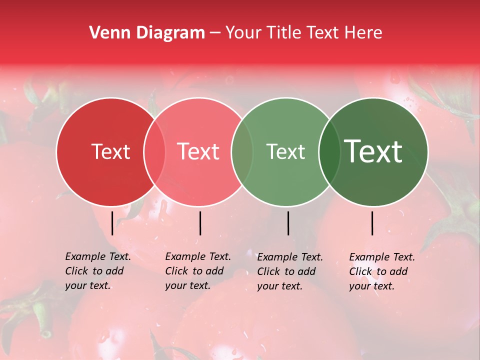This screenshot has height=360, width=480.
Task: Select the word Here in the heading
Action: (364, 33)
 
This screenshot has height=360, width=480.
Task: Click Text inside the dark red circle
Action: (110, 152)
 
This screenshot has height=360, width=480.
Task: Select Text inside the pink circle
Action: (198, 152)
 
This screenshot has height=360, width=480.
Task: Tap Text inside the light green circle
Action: (285, 152)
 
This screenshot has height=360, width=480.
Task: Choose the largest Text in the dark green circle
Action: (373, 152)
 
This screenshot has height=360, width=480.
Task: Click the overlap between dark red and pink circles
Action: (154, 152)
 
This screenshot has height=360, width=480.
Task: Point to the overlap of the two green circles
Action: (329, 152)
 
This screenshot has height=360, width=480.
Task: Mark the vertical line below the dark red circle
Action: (112, 223)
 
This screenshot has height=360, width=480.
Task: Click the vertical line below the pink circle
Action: (200, 223)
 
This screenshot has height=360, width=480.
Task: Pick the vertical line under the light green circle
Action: (288, 223)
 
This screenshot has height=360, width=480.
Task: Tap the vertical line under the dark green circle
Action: (372, 223)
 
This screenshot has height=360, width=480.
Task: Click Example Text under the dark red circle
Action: (98, 257)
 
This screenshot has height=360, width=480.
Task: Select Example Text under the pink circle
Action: (198, 257)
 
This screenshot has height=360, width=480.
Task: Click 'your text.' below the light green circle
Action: (279, 286)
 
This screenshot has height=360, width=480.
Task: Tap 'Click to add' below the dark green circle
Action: (378, 271)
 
